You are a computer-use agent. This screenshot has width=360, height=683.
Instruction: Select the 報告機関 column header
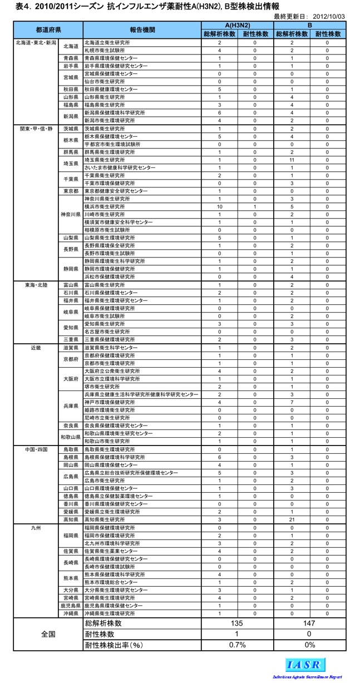(144, 29)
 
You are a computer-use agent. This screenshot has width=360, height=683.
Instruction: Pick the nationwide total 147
(309, 623)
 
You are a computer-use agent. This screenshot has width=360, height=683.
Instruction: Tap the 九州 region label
(37, 527)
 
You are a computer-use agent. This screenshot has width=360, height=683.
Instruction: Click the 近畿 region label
(37, 347)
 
